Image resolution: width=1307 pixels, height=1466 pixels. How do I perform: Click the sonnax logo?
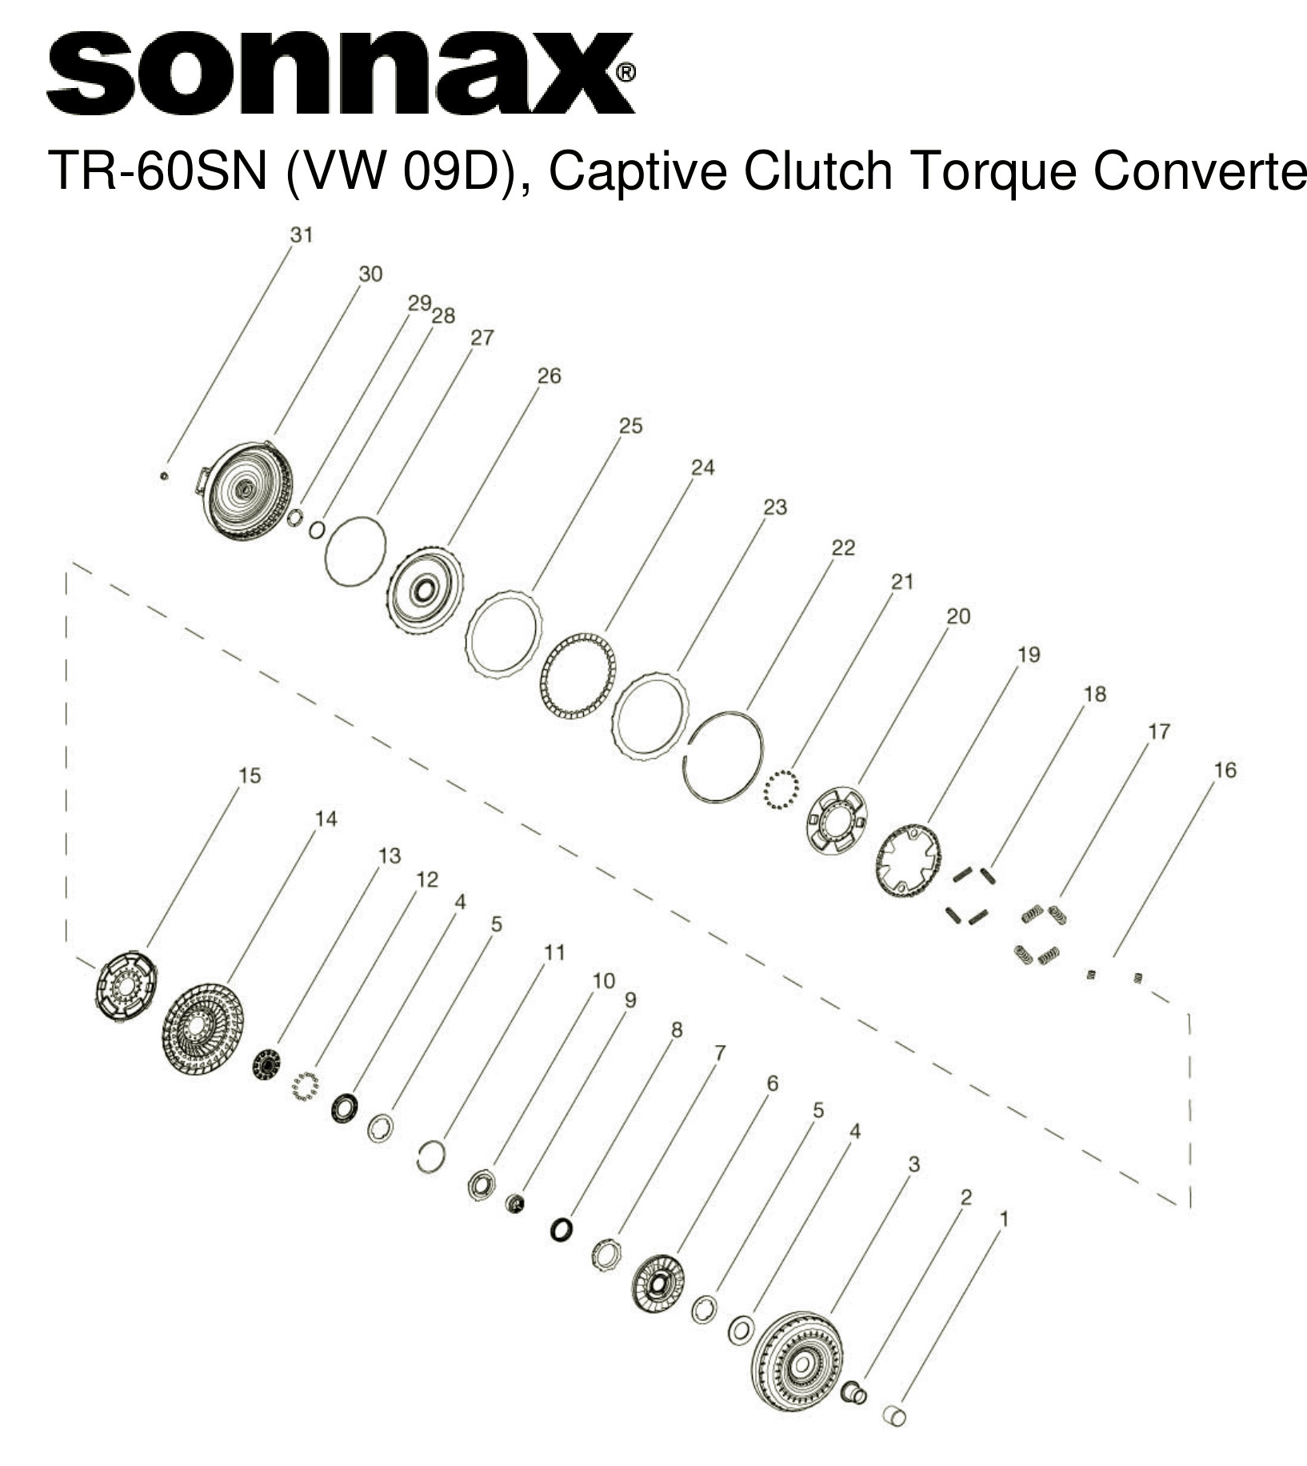[x=340, y=74]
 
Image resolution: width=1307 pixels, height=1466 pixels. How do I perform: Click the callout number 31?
[x=302, y=234]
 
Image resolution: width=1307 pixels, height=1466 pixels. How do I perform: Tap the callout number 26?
[x=549, y=375]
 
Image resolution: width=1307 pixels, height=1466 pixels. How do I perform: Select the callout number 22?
[x=843, y=547]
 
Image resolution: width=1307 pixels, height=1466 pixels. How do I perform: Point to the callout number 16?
[x=1225, y=770]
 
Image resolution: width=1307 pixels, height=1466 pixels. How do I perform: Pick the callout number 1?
[x=1005, y=1219]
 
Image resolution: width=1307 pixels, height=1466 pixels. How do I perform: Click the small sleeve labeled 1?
[x=894, y=1415]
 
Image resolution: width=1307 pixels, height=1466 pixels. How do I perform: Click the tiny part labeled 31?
[x=163, y=476]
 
